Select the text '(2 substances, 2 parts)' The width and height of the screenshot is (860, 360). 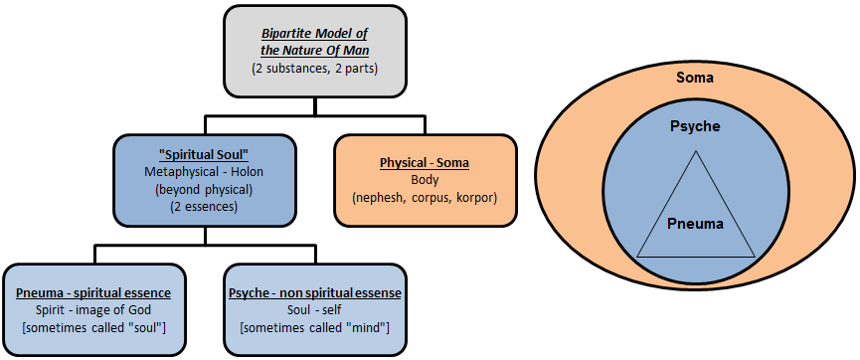pos(313,70)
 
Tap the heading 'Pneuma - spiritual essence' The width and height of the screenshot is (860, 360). pos(93,293)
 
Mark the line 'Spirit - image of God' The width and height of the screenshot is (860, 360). pos(93,311)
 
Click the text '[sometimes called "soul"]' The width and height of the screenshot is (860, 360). pos(93,329)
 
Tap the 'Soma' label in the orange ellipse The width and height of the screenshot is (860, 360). pos(695,77)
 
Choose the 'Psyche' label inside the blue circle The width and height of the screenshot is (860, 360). pos(695,127)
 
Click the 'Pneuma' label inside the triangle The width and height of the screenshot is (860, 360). pos(695,224)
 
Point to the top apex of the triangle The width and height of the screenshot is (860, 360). pos(695,151)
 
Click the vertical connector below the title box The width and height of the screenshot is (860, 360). pos(314,106)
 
